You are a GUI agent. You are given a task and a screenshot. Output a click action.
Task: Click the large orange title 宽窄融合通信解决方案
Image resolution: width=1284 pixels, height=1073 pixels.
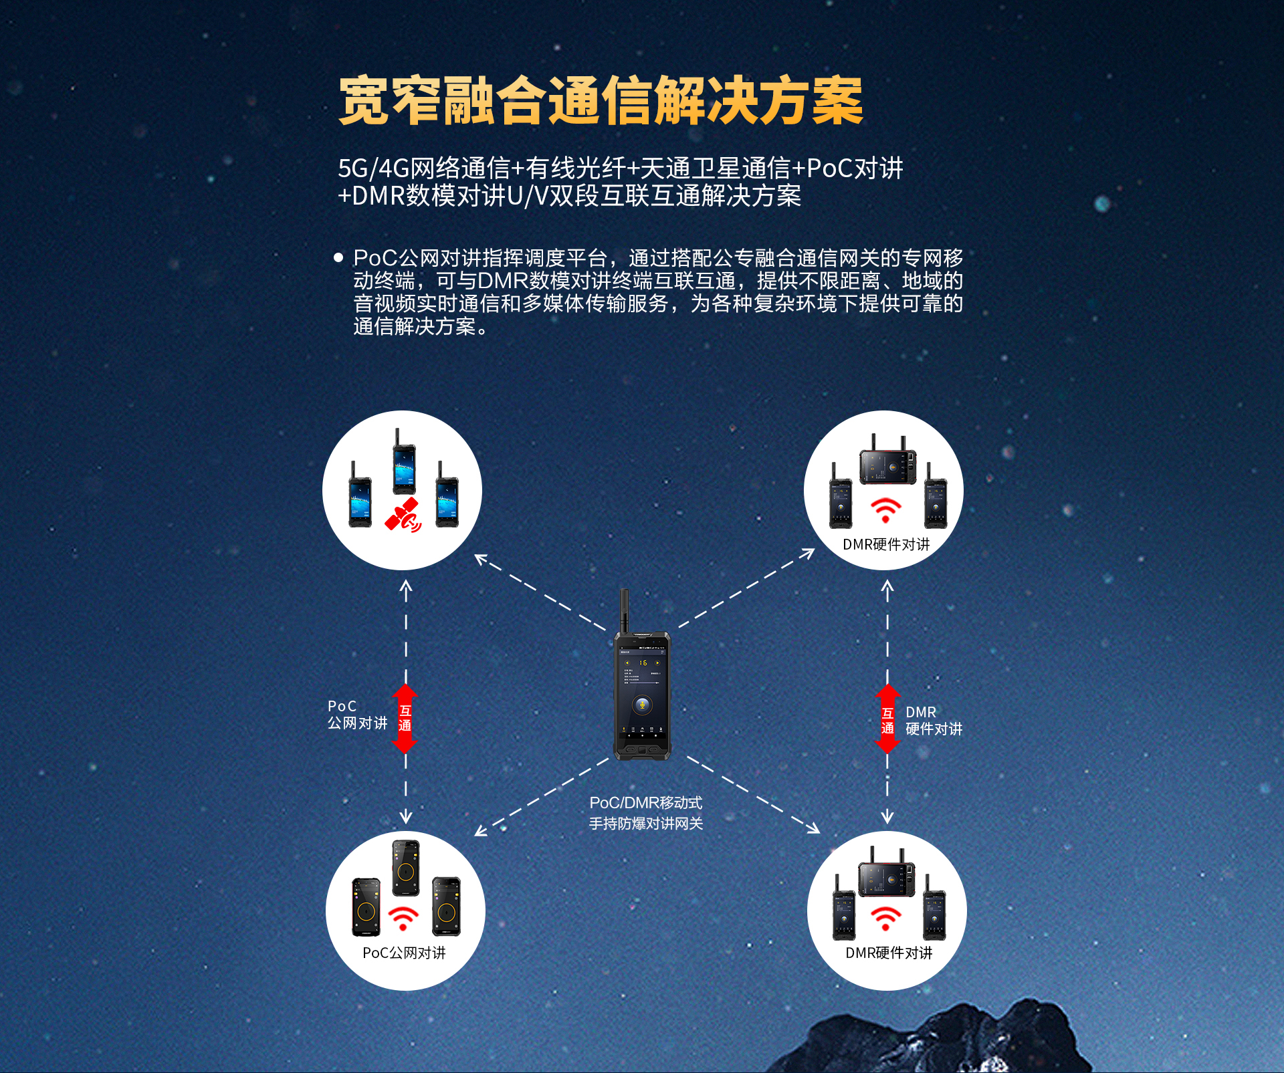tap(601, 100)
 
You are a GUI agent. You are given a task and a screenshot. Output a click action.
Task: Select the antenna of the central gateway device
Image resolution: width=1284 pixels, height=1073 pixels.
tap(624, 610)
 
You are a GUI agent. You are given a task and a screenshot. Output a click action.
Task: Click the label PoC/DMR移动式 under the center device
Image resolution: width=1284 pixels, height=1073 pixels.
tap(646, 802)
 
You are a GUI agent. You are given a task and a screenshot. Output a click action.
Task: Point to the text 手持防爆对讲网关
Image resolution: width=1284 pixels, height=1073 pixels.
tap(646, 824)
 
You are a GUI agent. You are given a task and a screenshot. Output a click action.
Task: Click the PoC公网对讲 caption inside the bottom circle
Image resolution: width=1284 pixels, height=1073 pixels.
tap(404, 953)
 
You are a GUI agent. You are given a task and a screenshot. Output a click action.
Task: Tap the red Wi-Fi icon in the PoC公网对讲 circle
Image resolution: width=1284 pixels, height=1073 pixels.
tap(403, 919)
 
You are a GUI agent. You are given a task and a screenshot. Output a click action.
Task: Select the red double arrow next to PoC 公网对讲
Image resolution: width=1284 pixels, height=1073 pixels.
tap(405, 719)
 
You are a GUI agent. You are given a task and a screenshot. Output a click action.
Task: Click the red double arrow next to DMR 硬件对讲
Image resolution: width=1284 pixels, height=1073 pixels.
tap(887, 719)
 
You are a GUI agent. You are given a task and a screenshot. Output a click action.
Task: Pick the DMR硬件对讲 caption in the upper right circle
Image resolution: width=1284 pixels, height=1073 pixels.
tap(886, 544)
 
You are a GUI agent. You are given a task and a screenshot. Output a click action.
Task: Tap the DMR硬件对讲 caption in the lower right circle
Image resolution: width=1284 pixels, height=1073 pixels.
tap(889, 953)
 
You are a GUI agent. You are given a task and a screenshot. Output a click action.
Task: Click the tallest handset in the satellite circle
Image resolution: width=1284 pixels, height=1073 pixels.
tap(404, 461)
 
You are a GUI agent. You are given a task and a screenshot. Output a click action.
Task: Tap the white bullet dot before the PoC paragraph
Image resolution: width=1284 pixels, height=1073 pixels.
tap(338, 257)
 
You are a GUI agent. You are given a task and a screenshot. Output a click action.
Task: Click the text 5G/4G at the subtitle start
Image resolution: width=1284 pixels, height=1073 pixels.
tap(373, 168)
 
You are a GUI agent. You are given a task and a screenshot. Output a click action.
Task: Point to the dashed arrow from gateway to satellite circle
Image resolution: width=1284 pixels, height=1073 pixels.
tap(540, 592)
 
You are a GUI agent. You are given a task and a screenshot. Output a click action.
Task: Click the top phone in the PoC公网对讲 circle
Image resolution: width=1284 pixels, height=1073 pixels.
tap(405, 868)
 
